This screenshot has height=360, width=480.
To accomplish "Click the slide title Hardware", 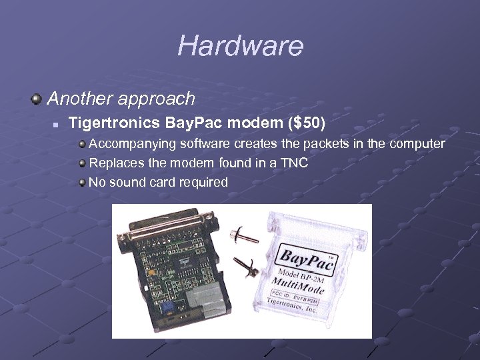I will coord(240,46).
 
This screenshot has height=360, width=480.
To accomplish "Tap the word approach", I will coord(160,100).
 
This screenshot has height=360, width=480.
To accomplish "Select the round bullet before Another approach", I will coord(37,100).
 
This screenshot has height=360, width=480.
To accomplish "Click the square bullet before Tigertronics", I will coord(57,124).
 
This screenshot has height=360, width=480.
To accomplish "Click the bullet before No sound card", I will coord(81,182).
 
